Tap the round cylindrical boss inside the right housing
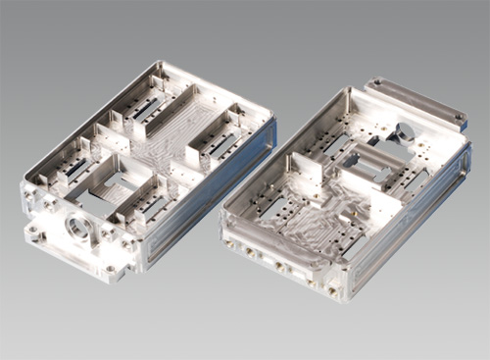pyautogui.click(x=404, y=131)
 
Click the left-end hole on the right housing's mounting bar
pyautogui.click(x=373, y=84)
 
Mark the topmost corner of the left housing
pyautogui.click(x=157, y=63)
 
